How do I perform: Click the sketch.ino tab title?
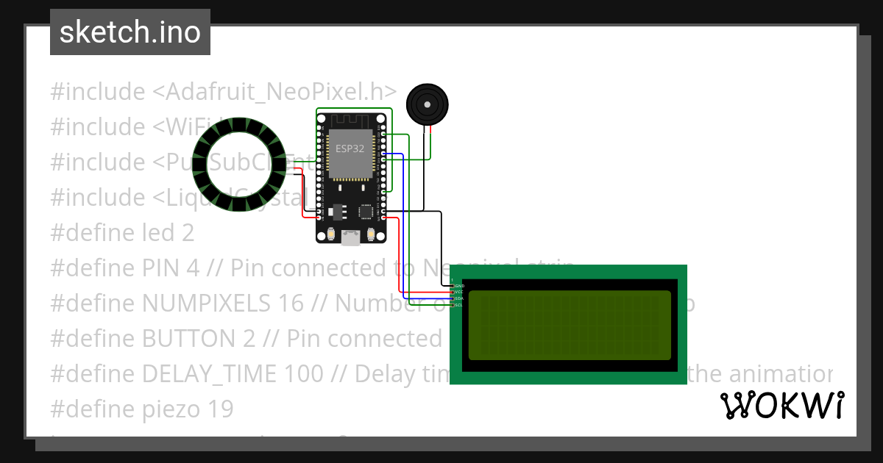click(x=130, y=32)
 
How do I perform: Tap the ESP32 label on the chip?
click(x=350, y=148)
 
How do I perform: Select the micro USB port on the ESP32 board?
click(x=351, y=236)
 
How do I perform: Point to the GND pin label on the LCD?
click(x=459, y=285)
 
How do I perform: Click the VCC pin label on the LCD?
click(x=459, y=292)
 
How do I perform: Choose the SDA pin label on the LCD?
click(x=459, y=298)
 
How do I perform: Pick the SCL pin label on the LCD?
click(x=459, y=305)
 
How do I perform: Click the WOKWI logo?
click(x=781, y=406)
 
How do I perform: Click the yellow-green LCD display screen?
click(x=570, y=325)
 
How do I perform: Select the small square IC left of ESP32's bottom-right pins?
click(x=366, y=212)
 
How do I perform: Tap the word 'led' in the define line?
click(x=158, y=233)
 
